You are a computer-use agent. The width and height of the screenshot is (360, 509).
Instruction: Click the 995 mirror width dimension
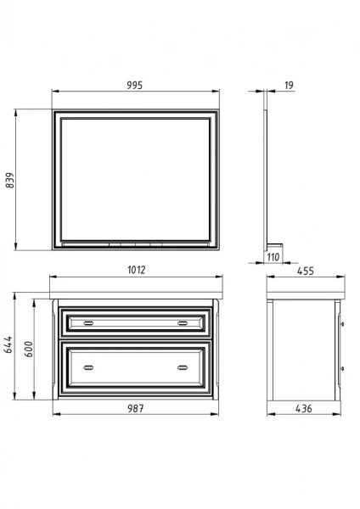(134, 86)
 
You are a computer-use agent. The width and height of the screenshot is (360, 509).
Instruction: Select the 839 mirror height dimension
(10, 180)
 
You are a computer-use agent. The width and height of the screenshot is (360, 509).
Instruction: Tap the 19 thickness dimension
(289, 86)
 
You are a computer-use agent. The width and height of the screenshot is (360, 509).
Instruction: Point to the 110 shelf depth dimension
(273, 257)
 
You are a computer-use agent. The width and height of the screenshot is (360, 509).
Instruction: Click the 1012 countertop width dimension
(137, 270)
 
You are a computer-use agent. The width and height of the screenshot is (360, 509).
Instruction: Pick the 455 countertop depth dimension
(306, 271)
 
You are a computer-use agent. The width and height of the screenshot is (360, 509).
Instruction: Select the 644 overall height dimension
(8, 344)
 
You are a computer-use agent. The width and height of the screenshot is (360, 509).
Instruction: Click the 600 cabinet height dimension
(29, 350)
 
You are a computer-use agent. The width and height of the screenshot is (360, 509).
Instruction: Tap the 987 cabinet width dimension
(136, 408)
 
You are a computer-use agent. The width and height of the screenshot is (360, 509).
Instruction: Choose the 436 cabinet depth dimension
(304, 409)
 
